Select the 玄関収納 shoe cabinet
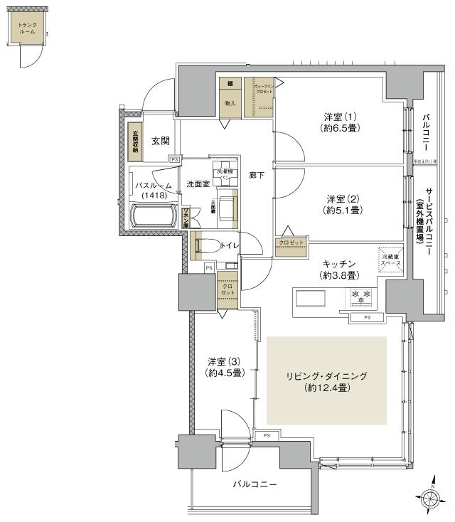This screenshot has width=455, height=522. (134, 140)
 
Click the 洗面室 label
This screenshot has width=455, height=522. (197, 184)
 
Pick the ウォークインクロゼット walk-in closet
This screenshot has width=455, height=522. (259, 97)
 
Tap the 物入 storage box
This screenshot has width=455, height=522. (230, 103)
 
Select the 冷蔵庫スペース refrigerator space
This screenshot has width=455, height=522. (390, 260)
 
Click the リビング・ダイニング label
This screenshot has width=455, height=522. (326, 375)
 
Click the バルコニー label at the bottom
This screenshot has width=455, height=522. (254, 484)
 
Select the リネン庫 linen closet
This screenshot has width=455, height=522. (186, 215)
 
